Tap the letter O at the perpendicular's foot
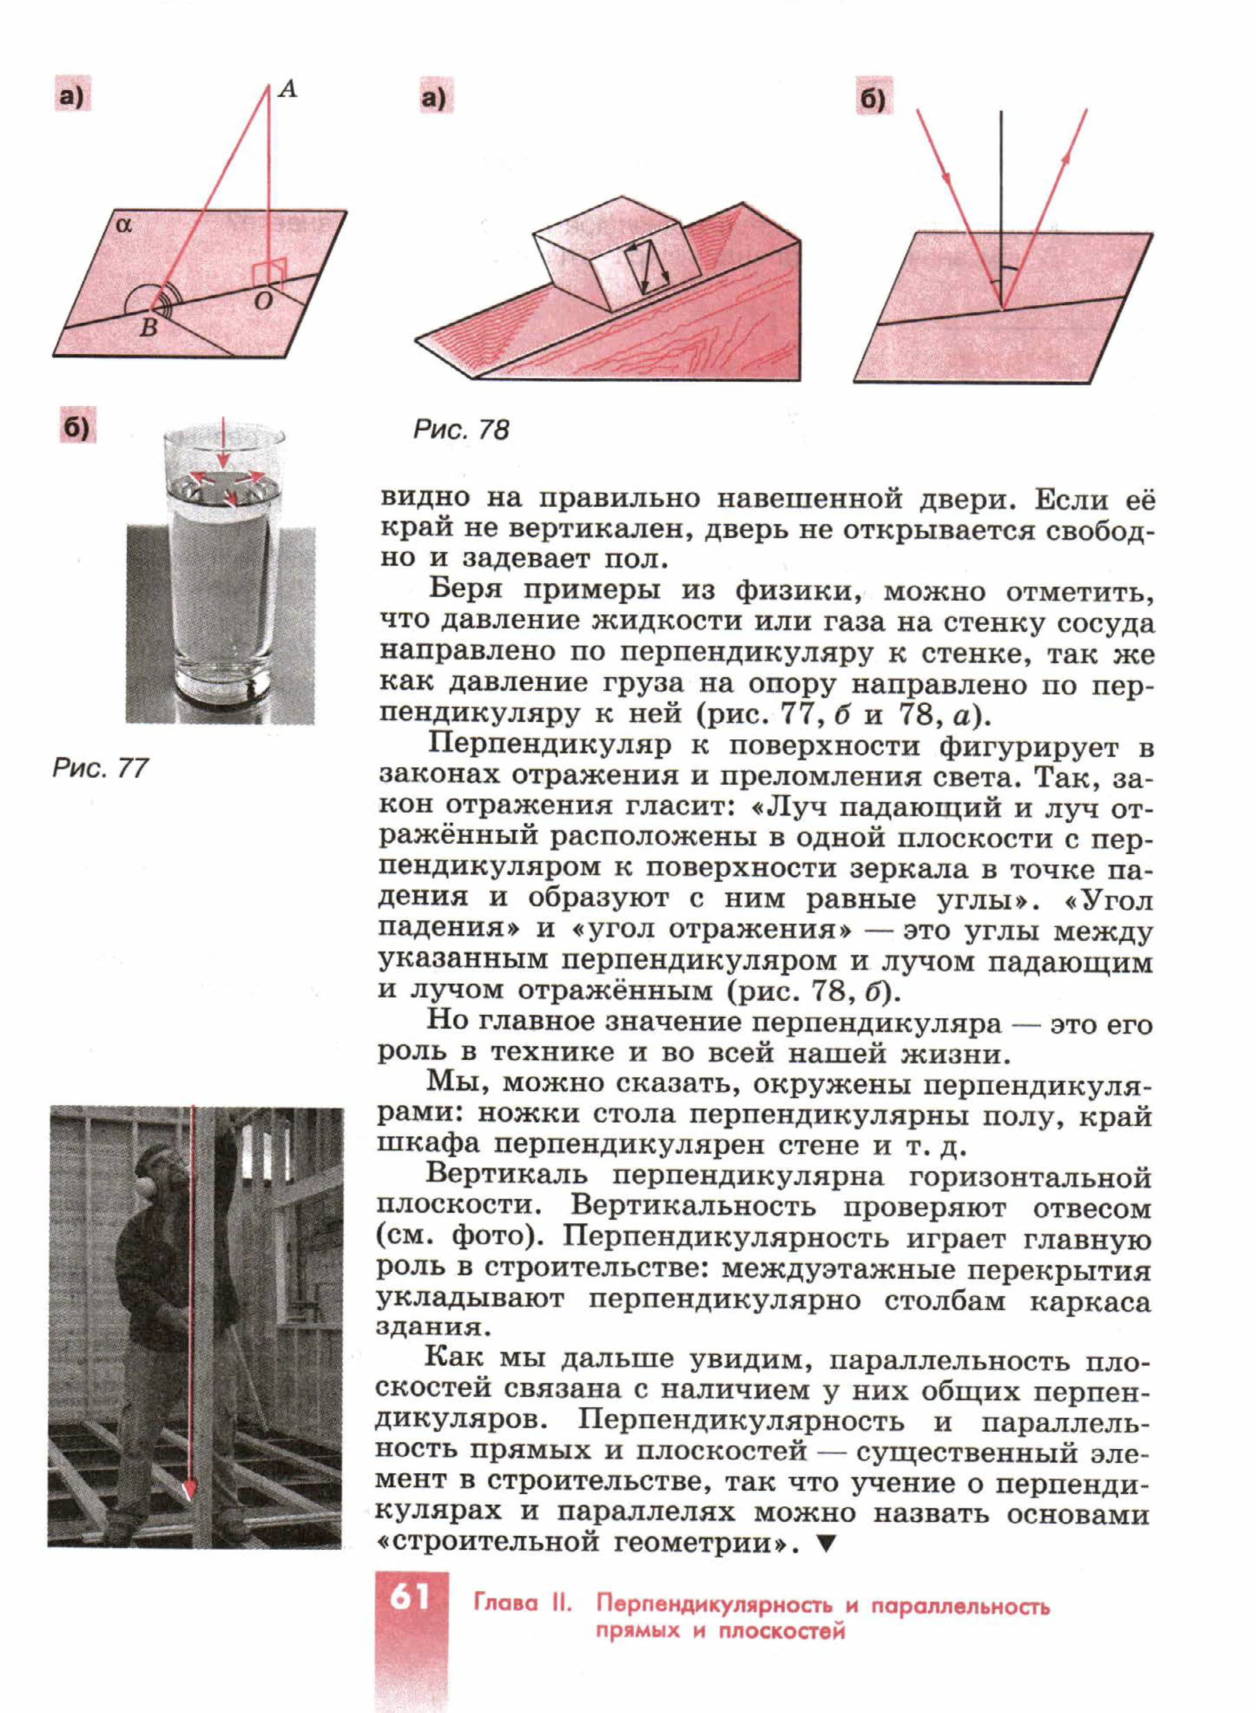(262, 302)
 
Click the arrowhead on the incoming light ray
(947, 176)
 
